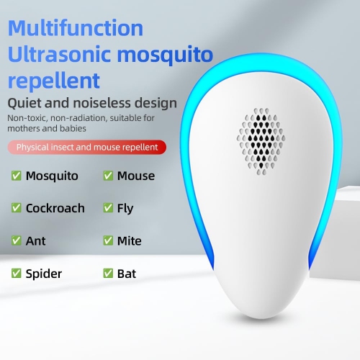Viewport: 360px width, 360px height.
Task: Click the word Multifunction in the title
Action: (76, 28)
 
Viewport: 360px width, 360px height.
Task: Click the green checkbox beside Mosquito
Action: (16, 176)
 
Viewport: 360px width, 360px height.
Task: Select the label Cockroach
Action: (55, 208)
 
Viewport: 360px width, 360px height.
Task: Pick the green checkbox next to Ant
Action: (16, 241)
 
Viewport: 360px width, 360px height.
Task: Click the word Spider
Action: (44, 274)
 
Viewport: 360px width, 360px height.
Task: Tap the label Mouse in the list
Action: (136, 176)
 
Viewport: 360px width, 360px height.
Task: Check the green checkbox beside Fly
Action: (108, 208)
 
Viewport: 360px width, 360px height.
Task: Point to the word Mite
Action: (130, 241)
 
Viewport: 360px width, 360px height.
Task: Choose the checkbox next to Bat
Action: (108, 274)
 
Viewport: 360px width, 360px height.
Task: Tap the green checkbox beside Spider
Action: (16, 274)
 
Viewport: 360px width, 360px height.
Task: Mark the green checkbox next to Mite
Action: (108, 241)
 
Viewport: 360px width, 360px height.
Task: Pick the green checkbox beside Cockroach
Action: (16, 208)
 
